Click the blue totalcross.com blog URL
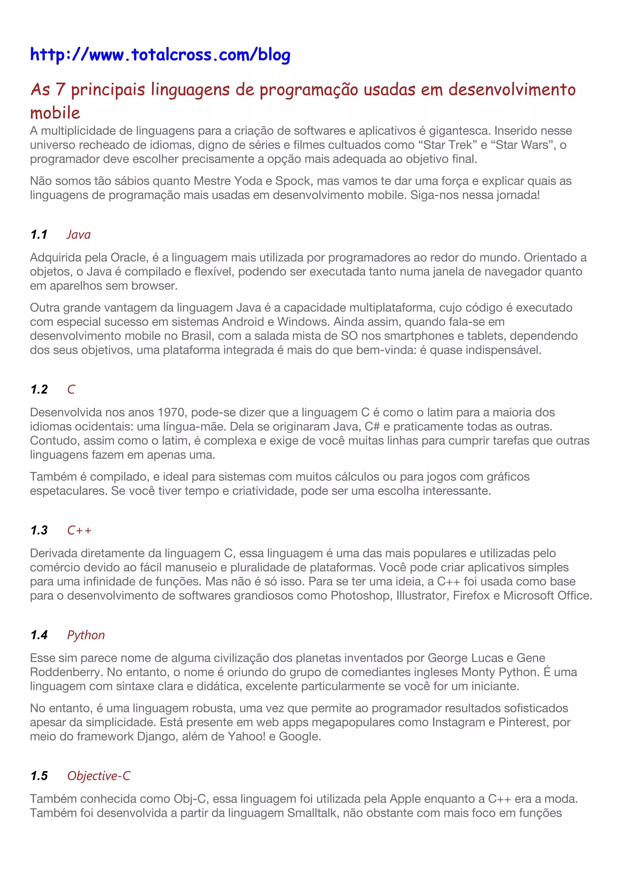[160, 55]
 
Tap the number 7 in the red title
[60, 89]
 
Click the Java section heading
[78, 235]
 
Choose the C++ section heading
[79, 530]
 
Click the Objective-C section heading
[99, 776]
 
